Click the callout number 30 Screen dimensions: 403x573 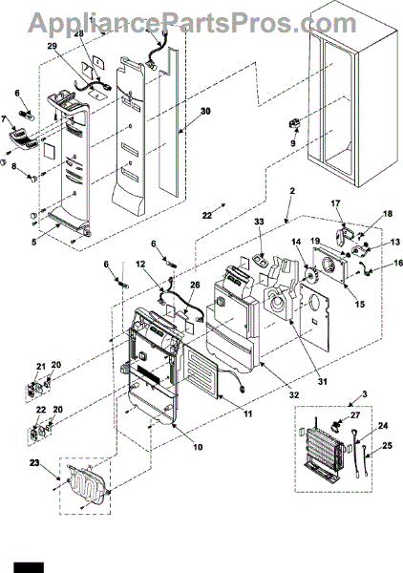205,111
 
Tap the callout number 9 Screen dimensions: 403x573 293,143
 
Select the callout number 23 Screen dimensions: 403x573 34,463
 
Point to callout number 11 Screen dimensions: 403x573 248,414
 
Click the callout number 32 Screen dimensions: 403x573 294,394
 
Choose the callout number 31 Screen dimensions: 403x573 322,381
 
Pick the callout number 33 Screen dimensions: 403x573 259,222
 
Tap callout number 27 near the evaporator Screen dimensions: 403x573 354,415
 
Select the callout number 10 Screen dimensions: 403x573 198,447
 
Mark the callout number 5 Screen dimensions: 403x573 34,242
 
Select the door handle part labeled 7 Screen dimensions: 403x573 23,138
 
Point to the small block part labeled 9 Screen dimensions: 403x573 294,124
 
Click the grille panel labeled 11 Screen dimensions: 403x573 201,371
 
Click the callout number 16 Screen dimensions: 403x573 398,263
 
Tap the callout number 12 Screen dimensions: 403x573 140,264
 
